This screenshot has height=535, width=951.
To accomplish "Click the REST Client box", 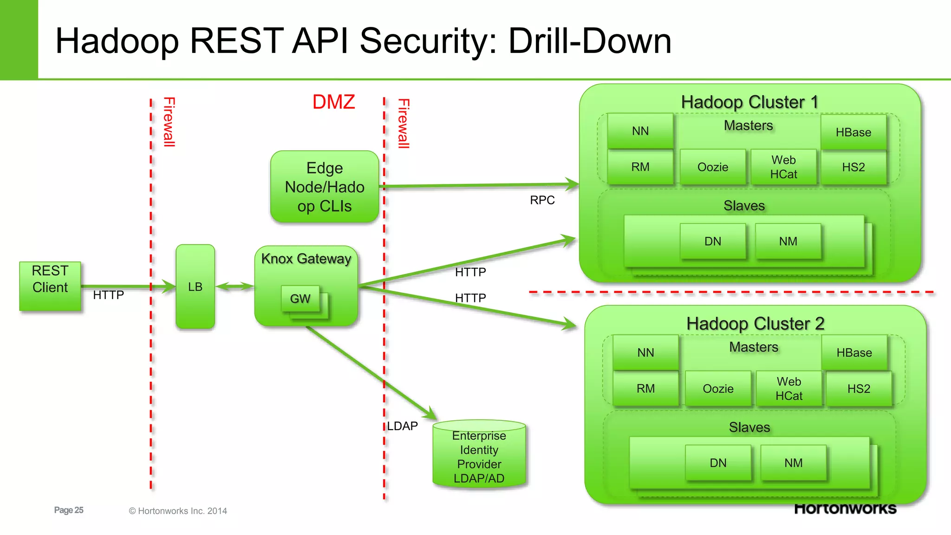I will coord(50,286).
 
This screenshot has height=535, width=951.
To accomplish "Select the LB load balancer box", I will coord(195,287).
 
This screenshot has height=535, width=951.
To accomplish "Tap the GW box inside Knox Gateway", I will coord(300,299).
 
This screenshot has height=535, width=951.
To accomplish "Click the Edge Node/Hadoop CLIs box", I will coord(325,187).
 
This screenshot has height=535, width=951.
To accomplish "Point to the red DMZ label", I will coord(333,102).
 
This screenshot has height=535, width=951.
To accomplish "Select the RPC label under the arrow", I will coord(542,200).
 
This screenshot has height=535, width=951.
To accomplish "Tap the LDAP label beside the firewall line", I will coord(403,426).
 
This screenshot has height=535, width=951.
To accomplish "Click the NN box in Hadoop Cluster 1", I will coord(640,131).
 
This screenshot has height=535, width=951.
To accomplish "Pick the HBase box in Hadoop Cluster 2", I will coord(854,352).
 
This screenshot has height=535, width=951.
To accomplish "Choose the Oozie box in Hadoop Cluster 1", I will coord(713,167).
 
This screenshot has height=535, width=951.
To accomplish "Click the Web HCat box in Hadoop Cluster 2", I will coord(789,389).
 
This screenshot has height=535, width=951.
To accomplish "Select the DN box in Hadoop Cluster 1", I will coord(713,241).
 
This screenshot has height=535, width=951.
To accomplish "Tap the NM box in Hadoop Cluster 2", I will coord(794,463).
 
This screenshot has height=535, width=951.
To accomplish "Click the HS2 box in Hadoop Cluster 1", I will coord(853,167).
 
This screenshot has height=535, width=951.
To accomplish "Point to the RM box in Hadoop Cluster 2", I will coord(645,389).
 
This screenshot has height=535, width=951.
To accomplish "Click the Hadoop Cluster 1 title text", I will coord(749,102).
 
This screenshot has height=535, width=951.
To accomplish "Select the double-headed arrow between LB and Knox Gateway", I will coord(235,287).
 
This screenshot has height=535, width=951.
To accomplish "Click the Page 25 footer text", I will coord(69,510).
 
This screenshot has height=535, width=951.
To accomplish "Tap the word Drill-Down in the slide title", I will coord(590,41).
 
